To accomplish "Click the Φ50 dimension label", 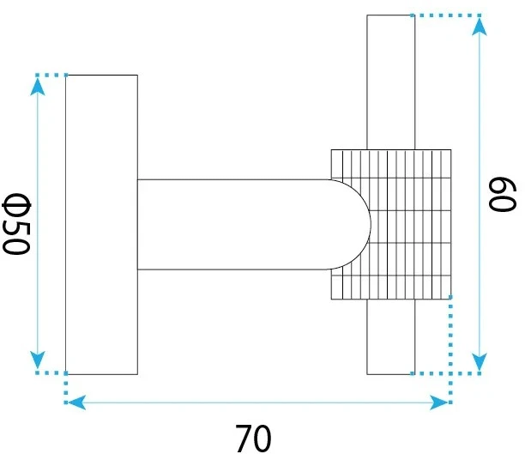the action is [17, 224].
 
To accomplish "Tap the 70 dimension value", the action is [253, 439].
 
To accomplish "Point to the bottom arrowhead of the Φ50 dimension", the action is [38, 360].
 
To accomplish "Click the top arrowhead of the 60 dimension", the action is [480, 27].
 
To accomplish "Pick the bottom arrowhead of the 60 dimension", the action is [480, 361].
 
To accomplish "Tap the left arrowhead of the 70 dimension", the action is [76, 402].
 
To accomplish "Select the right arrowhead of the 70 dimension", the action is [438, 402].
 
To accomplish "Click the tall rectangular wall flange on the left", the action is [101, 225].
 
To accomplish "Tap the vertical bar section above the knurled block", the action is [390, 82].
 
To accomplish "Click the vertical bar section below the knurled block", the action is [390, 336].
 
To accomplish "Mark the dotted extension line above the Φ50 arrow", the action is [51, 75].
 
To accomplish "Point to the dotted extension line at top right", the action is [446, 15].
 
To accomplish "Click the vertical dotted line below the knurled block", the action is [450, 350].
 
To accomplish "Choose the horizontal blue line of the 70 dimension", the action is [257, 402].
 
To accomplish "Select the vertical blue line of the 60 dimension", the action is [480, 194].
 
